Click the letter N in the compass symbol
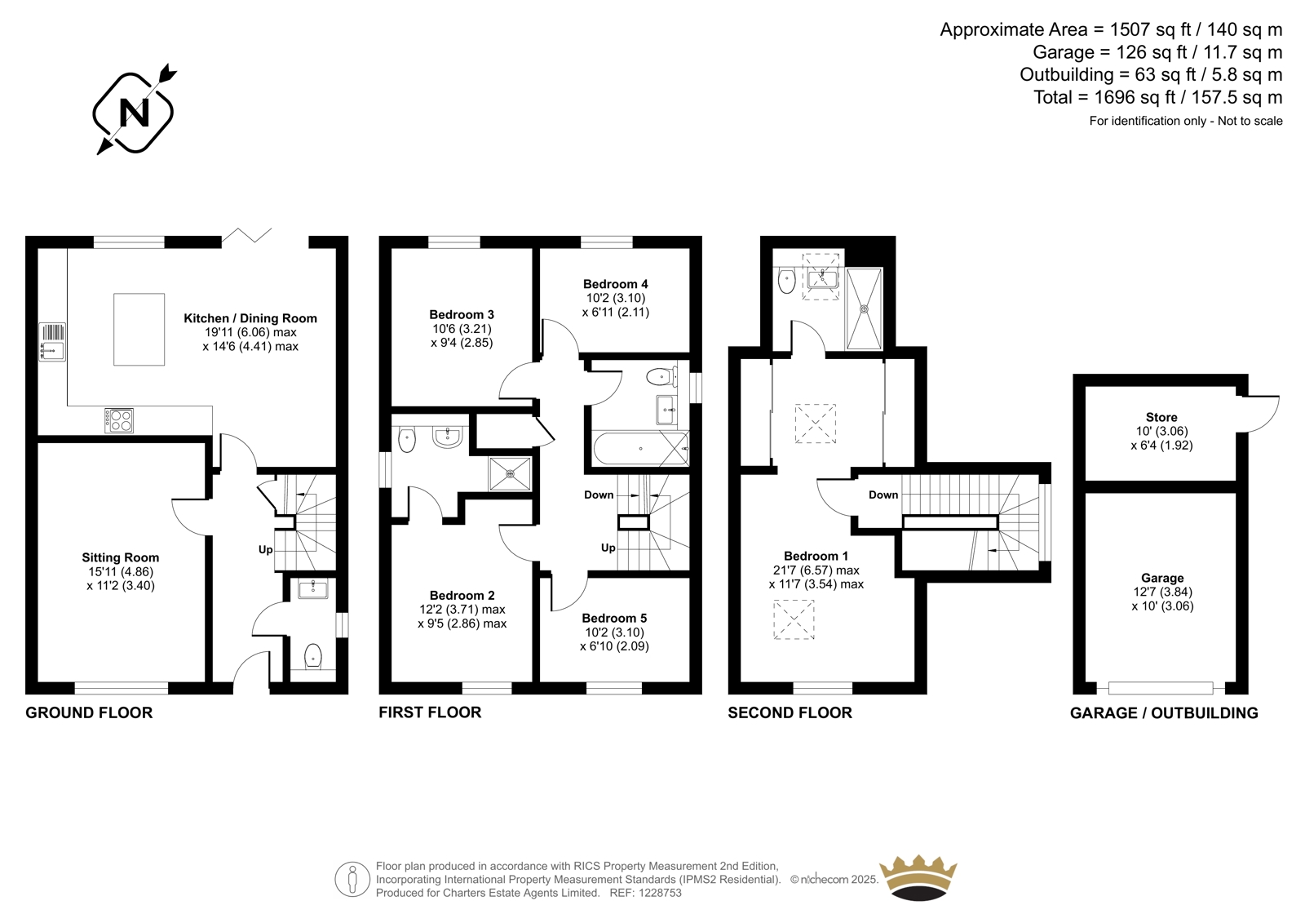134,113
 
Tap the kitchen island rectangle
139,330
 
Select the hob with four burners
119,420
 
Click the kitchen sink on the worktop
52,342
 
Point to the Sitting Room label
121,557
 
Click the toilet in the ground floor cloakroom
313,655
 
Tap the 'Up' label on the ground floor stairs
266,549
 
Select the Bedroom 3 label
462,314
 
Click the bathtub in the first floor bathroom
641,448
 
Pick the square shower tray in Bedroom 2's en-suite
511,474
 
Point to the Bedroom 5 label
614,618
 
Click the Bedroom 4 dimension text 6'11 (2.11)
616,312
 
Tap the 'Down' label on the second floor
883,495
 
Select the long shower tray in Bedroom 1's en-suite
865,309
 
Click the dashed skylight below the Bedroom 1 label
794,619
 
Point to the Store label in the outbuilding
1161,418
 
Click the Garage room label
1162,578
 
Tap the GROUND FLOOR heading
89,712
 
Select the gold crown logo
918,877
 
